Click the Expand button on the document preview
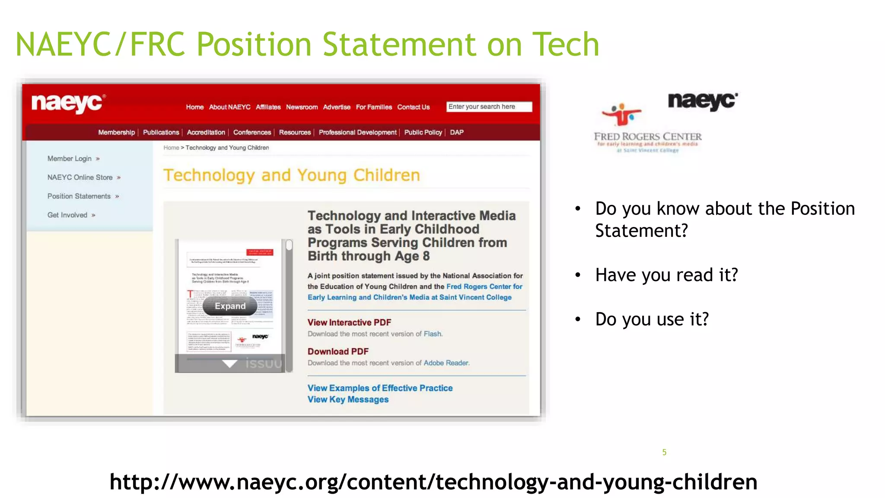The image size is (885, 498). [230, 306]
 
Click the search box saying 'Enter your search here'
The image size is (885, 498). [489, 107]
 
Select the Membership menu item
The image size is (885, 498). [116, 132]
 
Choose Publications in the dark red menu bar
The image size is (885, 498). [161, 132]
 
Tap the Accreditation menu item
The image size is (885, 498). [206, 132]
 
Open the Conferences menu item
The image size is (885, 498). [252, 132]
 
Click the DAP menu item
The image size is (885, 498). [456, 132]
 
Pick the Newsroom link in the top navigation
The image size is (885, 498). [302, 107]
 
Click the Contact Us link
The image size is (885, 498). [413, 107]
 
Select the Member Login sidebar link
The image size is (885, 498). [70, 159]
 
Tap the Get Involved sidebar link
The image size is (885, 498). [67, 215]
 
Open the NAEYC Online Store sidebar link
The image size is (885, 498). [80, 177]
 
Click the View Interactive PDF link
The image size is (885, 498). [349, 322]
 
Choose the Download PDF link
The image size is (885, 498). [338, 351]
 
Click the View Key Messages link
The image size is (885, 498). [348, 399]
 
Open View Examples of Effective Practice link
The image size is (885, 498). [380, 388]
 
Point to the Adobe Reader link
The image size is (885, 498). [446, 363]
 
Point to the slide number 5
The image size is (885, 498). [664, 452]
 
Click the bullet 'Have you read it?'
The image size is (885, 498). [666, 275]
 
